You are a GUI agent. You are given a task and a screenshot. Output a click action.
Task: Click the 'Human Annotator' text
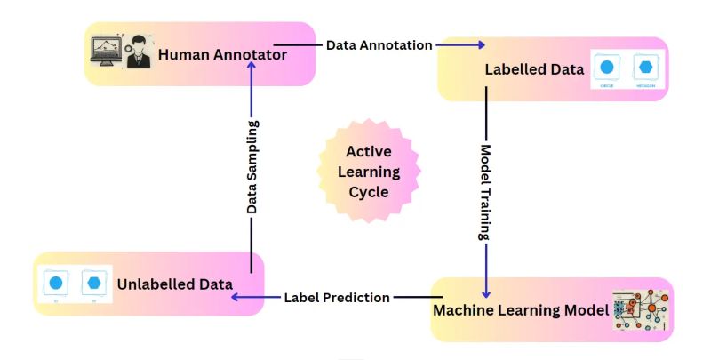222,55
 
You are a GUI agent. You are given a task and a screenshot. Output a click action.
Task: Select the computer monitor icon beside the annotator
107,52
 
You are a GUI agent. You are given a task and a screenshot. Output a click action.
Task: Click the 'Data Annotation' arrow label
379,44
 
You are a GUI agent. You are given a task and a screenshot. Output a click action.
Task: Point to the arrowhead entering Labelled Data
481,44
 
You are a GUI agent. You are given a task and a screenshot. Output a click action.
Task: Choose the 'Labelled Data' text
534,68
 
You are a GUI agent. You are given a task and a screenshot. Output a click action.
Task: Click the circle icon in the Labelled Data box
608,67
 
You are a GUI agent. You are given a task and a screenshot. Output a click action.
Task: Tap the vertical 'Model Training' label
486,191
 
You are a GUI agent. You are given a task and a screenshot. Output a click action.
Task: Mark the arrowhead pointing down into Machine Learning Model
486,292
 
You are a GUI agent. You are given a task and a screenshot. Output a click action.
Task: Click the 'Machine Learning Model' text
520,310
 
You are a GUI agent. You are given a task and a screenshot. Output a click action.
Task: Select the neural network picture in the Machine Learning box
640,311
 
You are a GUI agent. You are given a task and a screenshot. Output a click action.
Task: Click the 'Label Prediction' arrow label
337,298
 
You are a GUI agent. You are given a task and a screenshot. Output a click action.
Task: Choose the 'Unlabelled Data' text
174,284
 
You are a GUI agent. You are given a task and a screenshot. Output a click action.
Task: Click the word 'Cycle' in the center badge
367,191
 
